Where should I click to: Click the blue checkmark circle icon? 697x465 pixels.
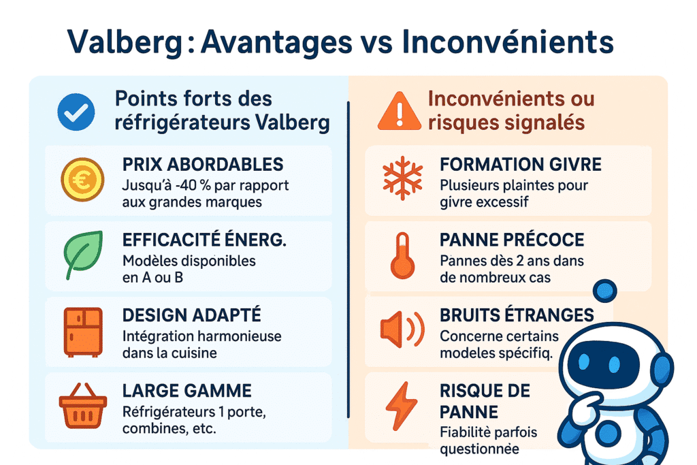coord(76,112)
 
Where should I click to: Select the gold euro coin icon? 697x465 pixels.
coord(82,180)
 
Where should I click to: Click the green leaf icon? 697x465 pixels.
coord(83,254)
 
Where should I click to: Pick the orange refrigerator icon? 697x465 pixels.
coord(83,332)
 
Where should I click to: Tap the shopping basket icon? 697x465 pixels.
coord(83,406)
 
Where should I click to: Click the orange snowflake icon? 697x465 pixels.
coord(403,178)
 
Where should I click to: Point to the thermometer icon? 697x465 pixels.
coord(403,255)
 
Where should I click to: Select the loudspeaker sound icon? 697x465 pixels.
coord(402,330)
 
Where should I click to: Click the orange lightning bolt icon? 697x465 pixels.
coord(402,406)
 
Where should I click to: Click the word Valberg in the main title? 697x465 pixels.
coord(125,43)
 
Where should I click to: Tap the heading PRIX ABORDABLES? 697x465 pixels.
coord(203,165)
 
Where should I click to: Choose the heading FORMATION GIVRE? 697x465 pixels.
coord(521,165)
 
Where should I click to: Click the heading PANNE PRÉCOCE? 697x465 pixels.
coord(512,240)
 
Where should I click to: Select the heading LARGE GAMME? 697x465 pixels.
coord(187,391)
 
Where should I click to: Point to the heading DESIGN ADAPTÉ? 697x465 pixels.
coord(191,315)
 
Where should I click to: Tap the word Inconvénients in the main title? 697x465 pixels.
coord(508,42)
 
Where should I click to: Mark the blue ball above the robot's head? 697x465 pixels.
coord(605,291)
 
